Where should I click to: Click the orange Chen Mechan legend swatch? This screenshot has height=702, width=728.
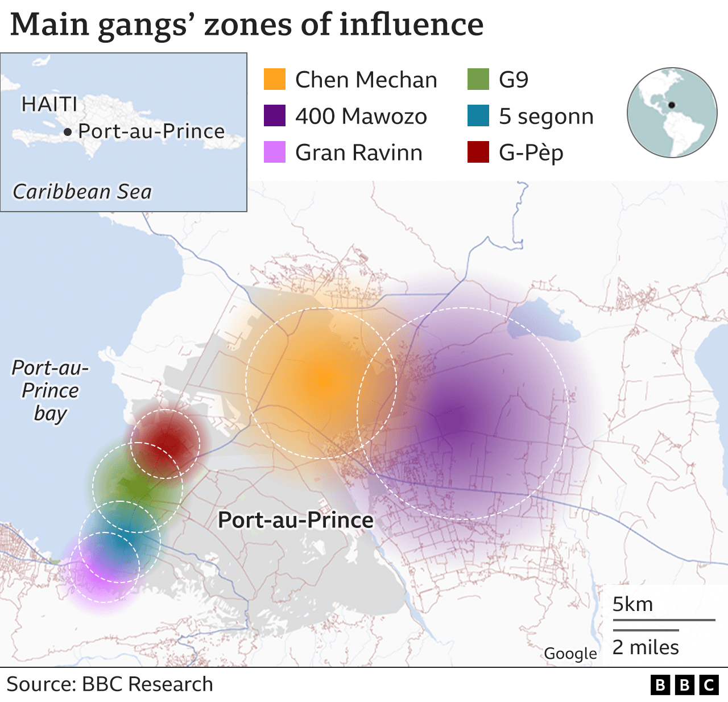pyautogui.click(x=274, y=80)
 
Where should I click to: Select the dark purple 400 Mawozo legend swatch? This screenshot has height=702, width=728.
pyautogui.click(x=274, y=116)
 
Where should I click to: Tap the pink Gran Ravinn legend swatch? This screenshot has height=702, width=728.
pyautogui.click(x=274, y=152)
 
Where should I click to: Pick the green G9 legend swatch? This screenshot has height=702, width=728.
pyautogui.click(x=478, y=80)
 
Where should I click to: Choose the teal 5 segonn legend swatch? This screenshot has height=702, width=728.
pyautogui.click(x=478, y=116)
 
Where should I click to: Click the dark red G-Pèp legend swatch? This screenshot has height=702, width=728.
pyautogui.click(x=478, y=152)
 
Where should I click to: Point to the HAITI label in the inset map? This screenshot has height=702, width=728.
pyautogui.click(x=49, y=105)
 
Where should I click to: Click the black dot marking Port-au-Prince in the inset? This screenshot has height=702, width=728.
pyautogui.click(x=68, y=133)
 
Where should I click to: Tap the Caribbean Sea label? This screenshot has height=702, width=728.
pyautogui.click(x=82, y=192)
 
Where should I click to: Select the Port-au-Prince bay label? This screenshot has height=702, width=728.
pyautogui.click(x=50, y=391)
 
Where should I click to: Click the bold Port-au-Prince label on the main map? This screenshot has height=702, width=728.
pyautogui.click(x=296, y=520)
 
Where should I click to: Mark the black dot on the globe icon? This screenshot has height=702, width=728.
pyautogui.click(x=671, y=105)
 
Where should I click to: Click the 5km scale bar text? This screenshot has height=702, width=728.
pyautogui.click(x=632, y=604)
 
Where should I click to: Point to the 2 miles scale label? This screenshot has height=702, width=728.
pyautogui.click(x=646, y=647)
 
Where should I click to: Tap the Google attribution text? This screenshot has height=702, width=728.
pyautogui.click(x=570, y=654)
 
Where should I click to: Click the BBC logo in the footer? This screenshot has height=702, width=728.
pyautogui.click(x=684, y=685)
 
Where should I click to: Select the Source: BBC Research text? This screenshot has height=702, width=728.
pyautogui.click(x=110, y=684)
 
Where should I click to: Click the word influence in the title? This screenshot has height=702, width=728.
pyautogui.click(x=411, y=25)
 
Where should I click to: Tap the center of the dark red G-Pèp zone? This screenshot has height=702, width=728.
pyautogui.click(x=166, y=444)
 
